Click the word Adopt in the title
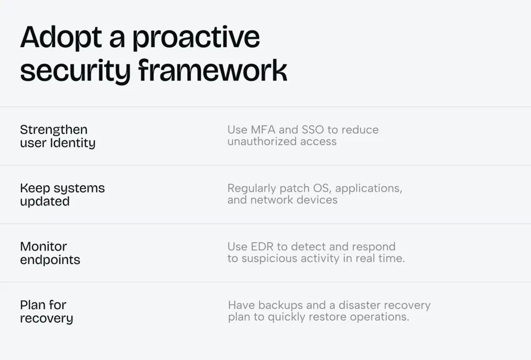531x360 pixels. pyautogui.click(x=61, y=38)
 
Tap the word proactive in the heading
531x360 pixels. pyautogui.click(x=196, y=38)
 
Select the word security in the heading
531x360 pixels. pyautogui.click(x=75, y=71)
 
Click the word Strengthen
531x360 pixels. pyautogui.click(x=54, y=130)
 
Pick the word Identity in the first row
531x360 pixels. pyautogui.click(x=73, y=143)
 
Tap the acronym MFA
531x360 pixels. pyautogui.click(x=263, y=130)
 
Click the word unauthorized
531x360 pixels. pyautogui.click(x=262, y=142)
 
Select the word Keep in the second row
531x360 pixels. pyautogui.click(x=35, y=189)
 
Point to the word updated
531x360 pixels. pyautogui.click(x=45, y=202)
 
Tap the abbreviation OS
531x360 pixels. pyautogui.click(x=322, y=188)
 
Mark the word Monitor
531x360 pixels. pyautogui.click(x=44, y=246)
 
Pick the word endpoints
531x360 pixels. pyautogui.click(x=50, y=260)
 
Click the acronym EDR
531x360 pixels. pyautogui.click(x=262, y=246)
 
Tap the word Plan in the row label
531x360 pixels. pyautogui.click(x=33, y=305)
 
